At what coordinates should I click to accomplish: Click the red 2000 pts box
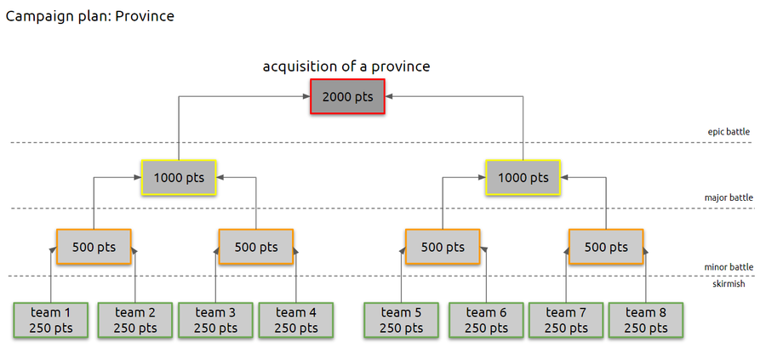pos(347,97)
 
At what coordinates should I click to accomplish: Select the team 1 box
pos(51,320)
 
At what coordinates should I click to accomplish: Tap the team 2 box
pos(134,320)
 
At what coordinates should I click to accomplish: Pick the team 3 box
pos(215,320)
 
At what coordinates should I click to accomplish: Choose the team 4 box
pos(296,320)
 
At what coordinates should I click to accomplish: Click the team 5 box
pos(402,320)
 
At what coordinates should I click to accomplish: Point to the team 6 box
pos(486,320)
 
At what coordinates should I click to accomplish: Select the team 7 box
pos(566,320)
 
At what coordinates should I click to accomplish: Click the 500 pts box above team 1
pos(94,248)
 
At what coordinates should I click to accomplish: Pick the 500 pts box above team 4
pos(256,248)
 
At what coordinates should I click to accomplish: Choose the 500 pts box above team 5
pos(443,248)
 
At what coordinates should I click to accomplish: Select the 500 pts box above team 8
pos(605,248)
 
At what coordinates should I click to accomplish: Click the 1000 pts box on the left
pos(179,178)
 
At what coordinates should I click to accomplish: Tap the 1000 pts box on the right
pos(523,178)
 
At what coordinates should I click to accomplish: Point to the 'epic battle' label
pos(728,132)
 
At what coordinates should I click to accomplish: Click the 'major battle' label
pos(728,198)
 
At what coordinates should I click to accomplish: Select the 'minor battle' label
pos(728,267)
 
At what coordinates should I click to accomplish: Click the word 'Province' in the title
pos(146,16)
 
